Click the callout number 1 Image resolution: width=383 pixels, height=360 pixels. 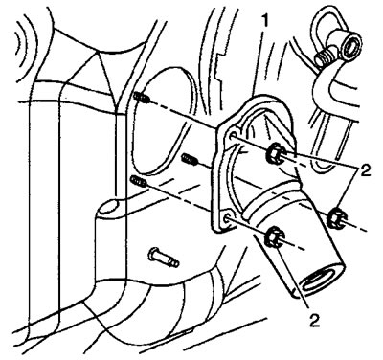pyautogui.click(x=264, y=22)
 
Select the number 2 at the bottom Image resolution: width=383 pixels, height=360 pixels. pyautogui.click(x=314, y=320)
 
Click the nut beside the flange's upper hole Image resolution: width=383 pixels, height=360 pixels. pyautogui.click(x=275, y=152)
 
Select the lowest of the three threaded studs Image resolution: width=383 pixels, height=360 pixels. pyautogui.click(x=138, y=182)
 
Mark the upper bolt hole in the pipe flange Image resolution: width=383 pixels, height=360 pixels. pyautogui.click(x=233, y=136)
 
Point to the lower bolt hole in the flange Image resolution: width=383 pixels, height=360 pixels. pyautogui.click(x=227, y=218)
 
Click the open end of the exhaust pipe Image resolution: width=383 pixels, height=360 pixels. pyautogui.click(x=319, y=280)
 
